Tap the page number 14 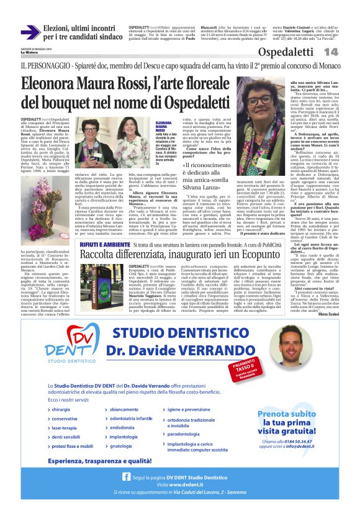pyautogui.click(x=331, y=52)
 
